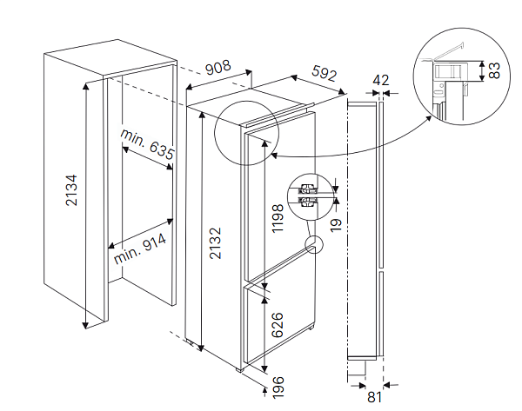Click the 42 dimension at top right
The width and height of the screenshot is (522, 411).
pos(380,81)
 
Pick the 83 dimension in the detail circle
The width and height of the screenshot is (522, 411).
pos(493,70)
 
